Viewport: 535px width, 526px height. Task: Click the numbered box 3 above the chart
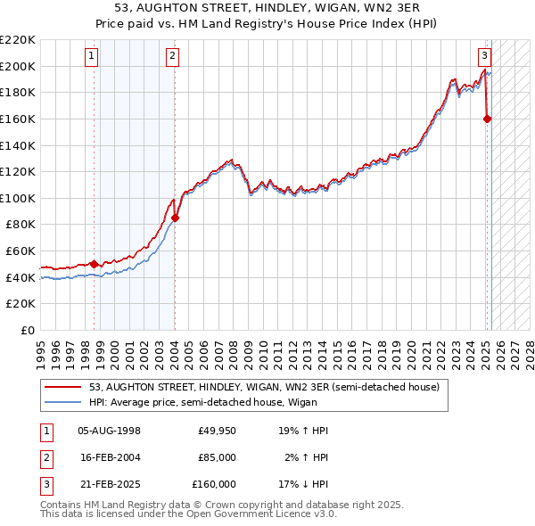tap(484, 54)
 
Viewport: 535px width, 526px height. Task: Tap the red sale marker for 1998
tap(94, 264)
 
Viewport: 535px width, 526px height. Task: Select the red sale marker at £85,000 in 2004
tap(176, 218)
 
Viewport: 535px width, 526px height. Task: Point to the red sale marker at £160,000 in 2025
tap(488, 119)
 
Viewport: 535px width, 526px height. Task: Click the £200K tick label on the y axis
tap(18, 66)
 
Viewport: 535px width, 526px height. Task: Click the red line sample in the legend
tap(63, 388)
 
